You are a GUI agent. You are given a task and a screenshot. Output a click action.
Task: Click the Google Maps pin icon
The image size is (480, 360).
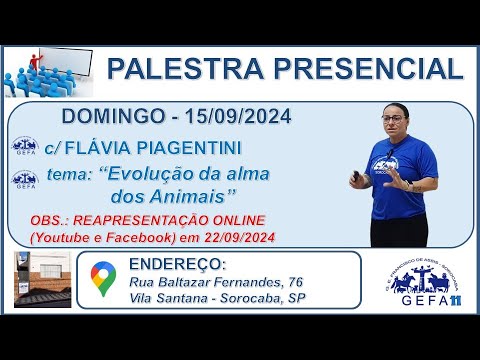pos(102,278)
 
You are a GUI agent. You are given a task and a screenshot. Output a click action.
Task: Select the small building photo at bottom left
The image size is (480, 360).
pos(42,281)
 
